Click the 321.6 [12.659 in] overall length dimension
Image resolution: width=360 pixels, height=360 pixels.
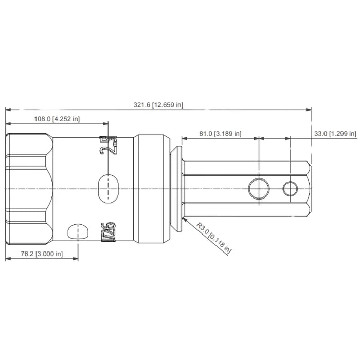pyautogui.click(x=158, y=105)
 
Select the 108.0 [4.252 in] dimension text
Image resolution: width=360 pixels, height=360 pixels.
pyautogui.click(x=56, y=119)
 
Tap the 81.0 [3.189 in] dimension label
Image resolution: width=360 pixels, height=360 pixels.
pyautogui.click(x=221, y=134)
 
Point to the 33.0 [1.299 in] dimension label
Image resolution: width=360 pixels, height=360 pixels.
pyautogui.click(x=335, y=134)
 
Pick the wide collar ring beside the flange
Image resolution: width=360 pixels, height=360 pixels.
pyautogui.click(x=152, y=189)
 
